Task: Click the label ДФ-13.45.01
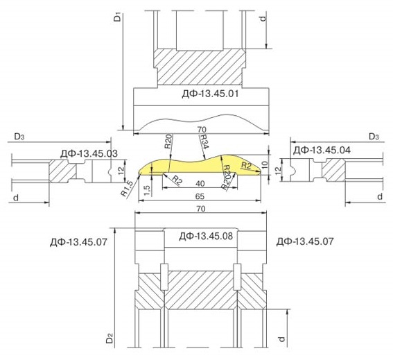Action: pos(210,94)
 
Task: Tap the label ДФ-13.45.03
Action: pos(89,153)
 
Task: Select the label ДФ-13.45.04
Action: pos(322,150)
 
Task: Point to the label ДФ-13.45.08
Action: pos(206,236)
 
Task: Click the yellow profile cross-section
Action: pos(200,166)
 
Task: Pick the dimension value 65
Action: pos(200,196)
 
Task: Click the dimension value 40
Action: pos(200,184)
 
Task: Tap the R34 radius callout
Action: pos(204,142)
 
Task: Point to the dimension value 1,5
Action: pos(148,191)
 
